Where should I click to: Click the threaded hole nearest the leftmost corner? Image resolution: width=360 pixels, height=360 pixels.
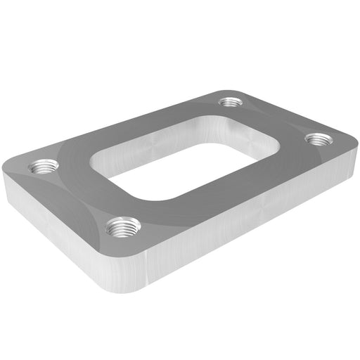(x=44, y=168)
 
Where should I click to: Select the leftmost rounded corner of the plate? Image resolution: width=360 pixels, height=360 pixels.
(x=6, y=172)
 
